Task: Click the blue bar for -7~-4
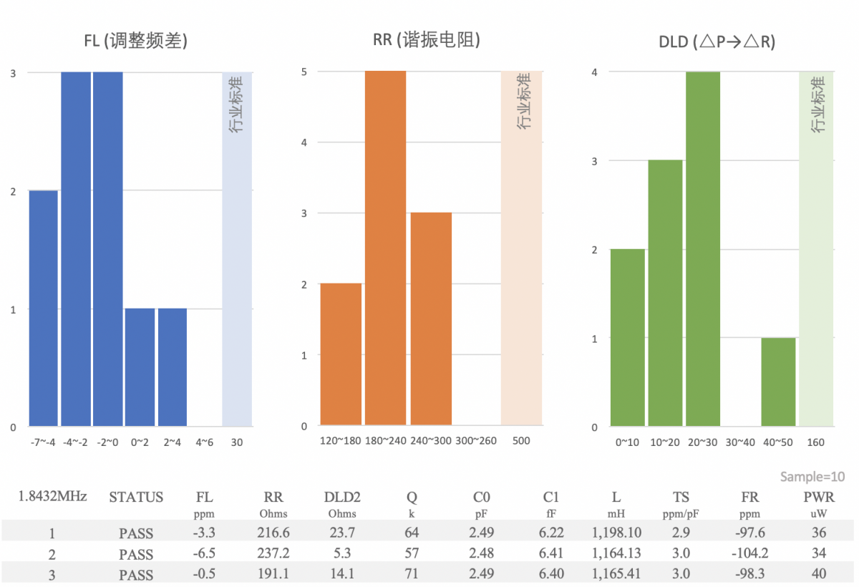pos(43,308)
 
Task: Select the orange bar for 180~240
pos(385,248)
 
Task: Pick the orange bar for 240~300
pos(431,319)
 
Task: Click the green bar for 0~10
pos(628,337)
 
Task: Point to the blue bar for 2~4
pos(172,367)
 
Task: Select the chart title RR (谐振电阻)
pos(426,40)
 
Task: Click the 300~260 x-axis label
pos(476,441)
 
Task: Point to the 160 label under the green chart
pos(815,442)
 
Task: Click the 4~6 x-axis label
pos(204,442)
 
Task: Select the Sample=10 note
pos(812,477)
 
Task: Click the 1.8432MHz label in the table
pos(52,496)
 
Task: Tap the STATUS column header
pos(136,497)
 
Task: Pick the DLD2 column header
pos(342,497)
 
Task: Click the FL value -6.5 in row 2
pos(205,553)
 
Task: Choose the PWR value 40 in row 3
pos(819,574)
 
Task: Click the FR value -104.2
pos(744,553)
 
